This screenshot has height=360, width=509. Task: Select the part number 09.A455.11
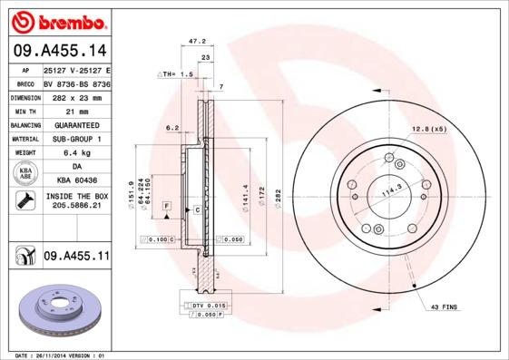tap(75, 258)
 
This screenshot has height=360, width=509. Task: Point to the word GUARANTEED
tap(76, 124)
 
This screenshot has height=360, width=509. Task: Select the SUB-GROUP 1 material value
tap(76, 139)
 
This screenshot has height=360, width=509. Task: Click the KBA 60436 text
tap(75, 181)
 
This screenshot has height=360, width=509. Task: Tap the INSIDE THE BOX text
tap(75, 196)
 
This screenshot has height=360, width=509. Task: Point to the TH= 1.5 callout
tap(177, 73)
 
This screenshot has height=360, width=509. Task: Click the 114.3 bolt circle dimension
tap(389, 192)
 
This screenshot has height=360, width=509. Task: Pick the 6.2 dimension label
tap(172, 129)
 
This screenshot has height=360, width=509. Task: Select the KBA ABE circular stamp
tap(25, 174)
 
